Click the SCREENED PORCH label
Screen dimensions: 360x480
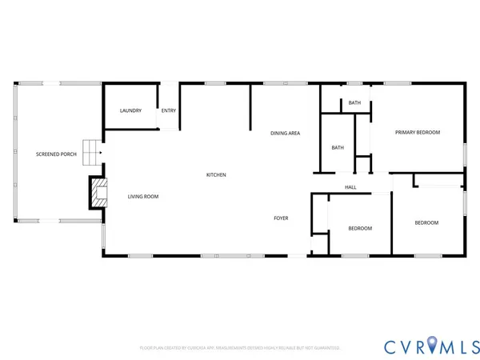(x=56, y=154)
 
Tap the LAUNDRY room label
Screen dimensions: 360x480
(x=130, y=110)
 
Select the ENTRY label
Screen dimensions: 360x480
(x=169, y=110)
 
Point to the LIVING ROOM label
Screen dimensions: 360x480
(x=143, y=196)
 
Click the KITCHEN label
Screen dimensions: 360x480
(x=216, y=174)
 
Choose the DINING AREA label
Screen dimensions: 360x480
(x=285, y=133)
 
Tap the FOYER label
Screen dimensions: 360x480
(x=281, y=218)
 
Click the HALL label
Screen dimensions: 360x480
(x=350, y=187)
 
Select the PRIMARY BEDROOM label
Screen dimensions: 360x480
(x=418, y=132)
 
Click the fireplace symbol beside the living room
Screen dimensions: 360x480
(x=98, y=192)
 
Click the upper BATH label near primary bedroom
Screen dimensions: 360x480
(x=354, y=103)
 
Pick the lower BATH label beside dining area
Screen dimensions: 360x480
(x=338, y=147)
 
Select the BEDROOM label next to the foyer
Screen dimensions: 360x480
(x=360, y=229)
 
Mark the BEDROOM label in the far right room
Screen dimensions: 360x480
(x=426, y=222)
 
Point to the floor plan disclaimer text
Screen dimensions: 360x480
(x=240, y=348)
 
